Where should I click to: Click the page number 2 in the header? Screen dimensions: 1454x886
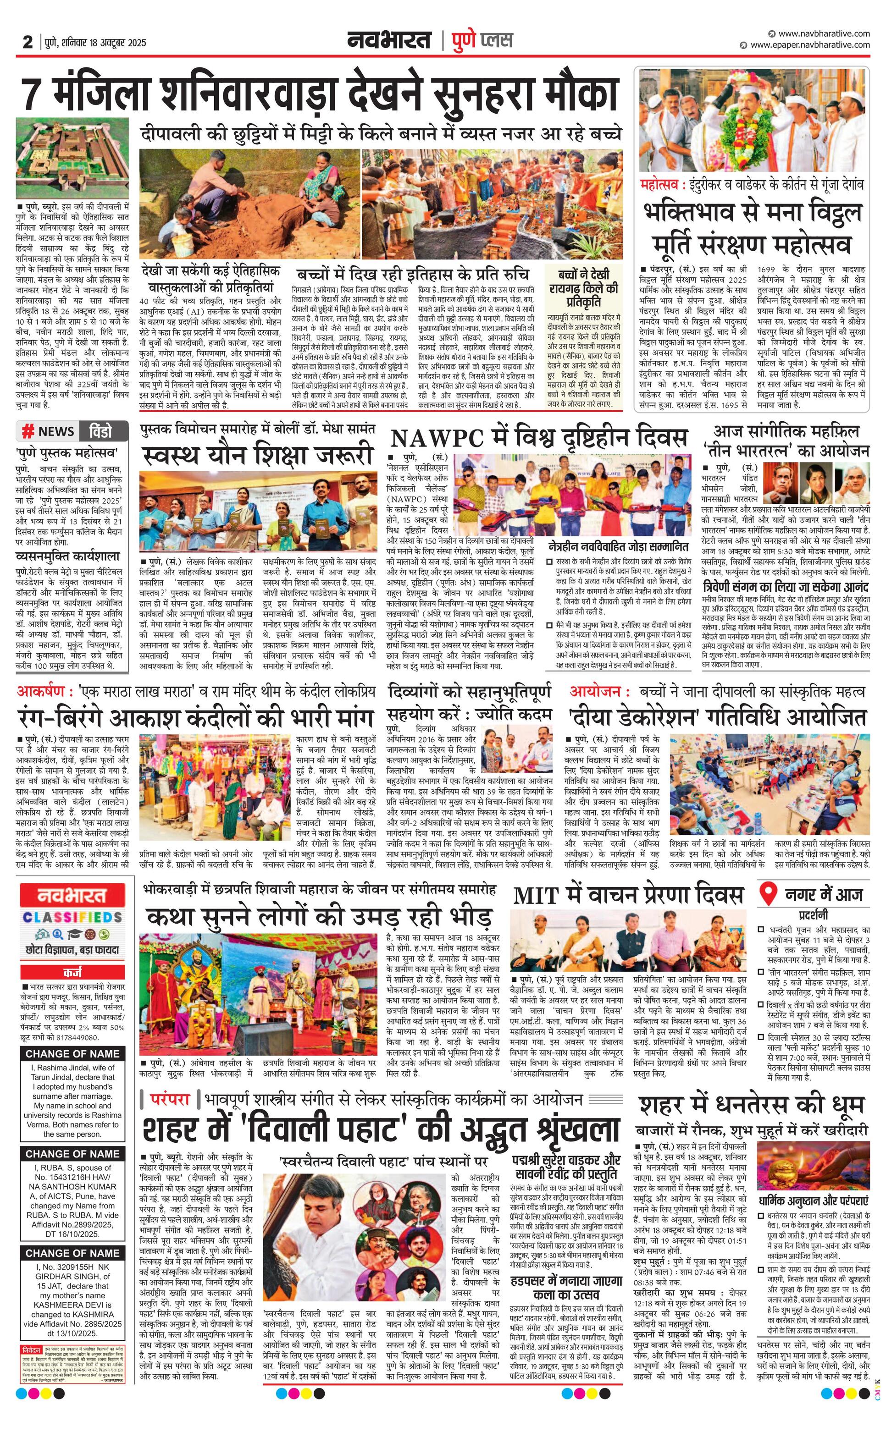point(28,42)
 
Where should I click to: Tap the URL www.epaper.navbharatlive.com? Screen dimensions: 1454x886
point(809,45)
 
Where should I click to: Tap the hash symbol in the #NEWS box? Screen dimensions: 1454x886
point(28,431)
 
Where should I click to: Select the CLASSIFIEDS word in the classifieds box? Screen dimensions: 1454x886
point(72,917)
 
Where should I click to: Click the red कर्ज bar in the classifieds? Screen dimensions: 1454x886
point(72,971)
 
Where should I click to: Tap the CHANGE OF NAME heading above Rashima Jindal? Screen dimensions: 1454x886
point(72,1053)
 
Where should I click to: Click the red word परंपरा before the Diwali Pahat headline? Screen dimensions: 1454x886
point(169,1100)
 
